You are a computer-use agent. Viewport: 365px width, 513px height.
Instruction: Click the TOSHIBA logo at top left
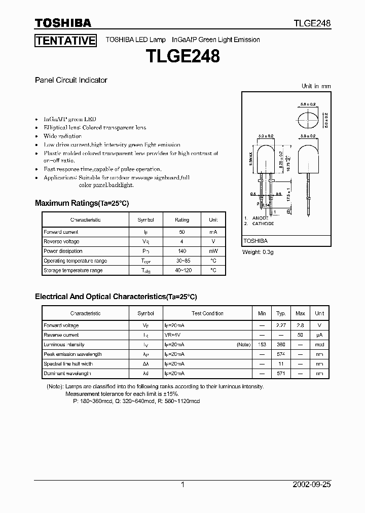coord(63,23)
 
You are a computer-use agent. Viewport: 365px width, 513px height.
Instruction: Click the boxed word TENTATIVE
coord(65,41)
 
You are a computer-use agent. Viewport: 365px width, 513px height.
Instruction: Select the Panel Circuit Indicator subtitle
coord(71,80)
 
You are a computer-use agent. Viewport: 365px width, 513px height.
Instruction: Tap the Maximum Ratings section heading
coord(82,203)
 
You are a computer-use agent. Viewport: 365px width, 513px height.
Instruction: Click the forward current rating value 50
coord(182,232)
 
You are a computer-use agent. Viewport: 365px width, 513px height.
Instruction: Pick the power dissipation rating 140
coord(182,251)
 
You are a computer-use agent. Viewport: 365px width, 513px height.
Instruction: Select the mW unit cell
coord(213,251)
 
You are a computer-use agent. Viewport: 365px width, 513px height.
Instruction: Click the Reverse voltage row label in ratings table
coord(61,241)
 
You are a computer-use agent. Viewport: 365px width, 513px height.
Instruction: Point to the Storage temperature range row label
coord(73,270)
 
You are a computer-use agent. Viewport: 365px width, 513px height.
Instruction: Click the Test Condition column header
coord(207,313)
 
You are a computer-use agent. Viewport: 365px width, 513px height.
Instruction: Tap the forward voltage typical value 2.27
coord(280,325)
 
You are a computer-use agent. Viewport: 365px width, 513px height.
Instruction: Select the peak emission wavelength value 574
coord(280,354)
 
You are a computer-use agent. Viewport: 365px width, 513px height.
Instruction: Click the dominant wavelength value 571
coord(280,374)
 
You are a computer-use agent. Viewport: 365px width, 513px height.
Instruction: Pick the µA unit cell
coord(319,335)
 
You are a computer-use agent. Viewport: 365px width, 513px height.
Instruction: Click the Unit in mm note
coord(316,86)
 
